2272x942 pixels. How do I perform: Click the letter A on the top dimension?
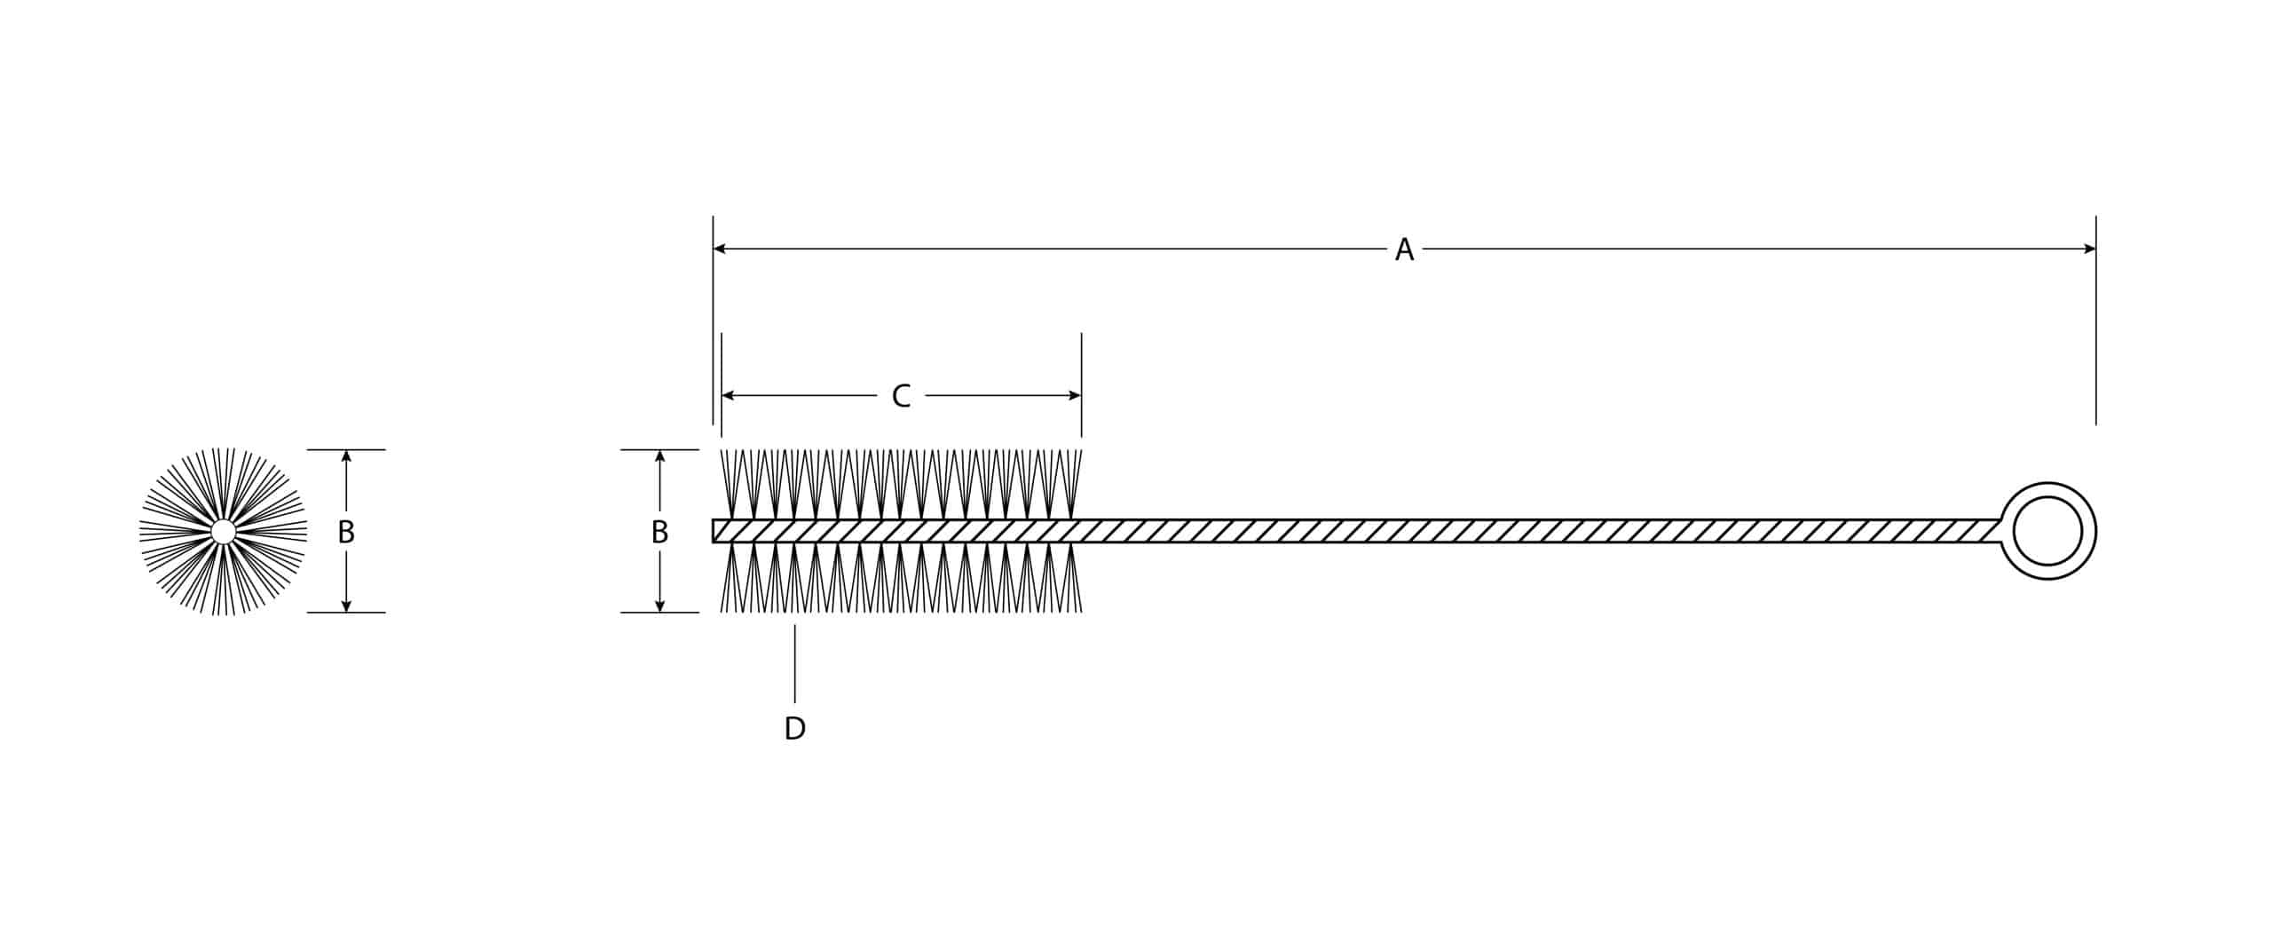pyautogui.click(x=1404, y=249)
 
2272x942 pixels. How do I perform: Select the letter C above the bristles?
pyautogui.click(x=901, y=396)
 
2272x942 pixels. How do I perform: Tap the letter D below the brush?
pyautogui.click(x=795, y=729)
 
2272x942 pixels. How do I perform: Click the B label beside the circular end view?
pyautogui.click(x=346, y=532)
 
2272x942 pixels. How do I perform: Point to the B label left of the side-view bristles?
pyautogui.click(x=659, y=532)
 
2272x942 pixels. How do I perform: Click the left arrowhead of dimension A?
pyautogui.click(x=720, y=249)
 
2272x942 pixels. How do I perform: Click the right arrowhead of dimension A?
pyautogui.click(x=2089, y=249)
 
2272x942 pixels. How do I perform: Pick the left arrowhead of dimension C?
pyautogui.click(x=729, y=395)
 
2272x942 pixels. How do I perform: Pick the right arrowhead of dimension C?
pyautogui.click(x=1075, y=395)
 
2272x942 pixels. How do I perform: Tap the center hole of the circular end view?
pyautogui.click(x=224, y=532)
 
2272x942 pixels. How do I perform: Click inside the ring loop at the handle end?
pyautogui.click(x=2048, y=531)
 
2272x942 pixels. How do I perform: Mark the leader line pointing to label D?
pyautogui.click(x=795, y=663)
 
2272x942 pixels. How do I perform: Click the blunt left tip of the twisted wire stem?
pyautogui.click(x=714, y=531)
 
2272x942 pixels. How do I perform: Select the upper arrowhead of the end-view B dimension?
pyautogui.click(x=346, y=456)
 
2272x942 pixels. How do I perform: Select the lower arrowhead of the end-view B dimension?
pyautogui.click(x=346, y=606)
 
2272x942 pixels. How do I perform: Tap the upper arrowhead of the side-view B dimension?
pyautogui.click(x=659, y=456)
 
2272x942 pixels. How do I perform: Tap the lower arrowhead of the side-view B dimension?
pyautogui.click(x=659, y=606)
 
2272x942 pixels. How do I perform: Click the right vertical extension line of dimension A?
pyautogui.click(x=2096, y=321)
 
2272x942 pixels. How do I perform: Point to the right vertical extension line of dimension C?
pyautogui.click(x=1082, y=385)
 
